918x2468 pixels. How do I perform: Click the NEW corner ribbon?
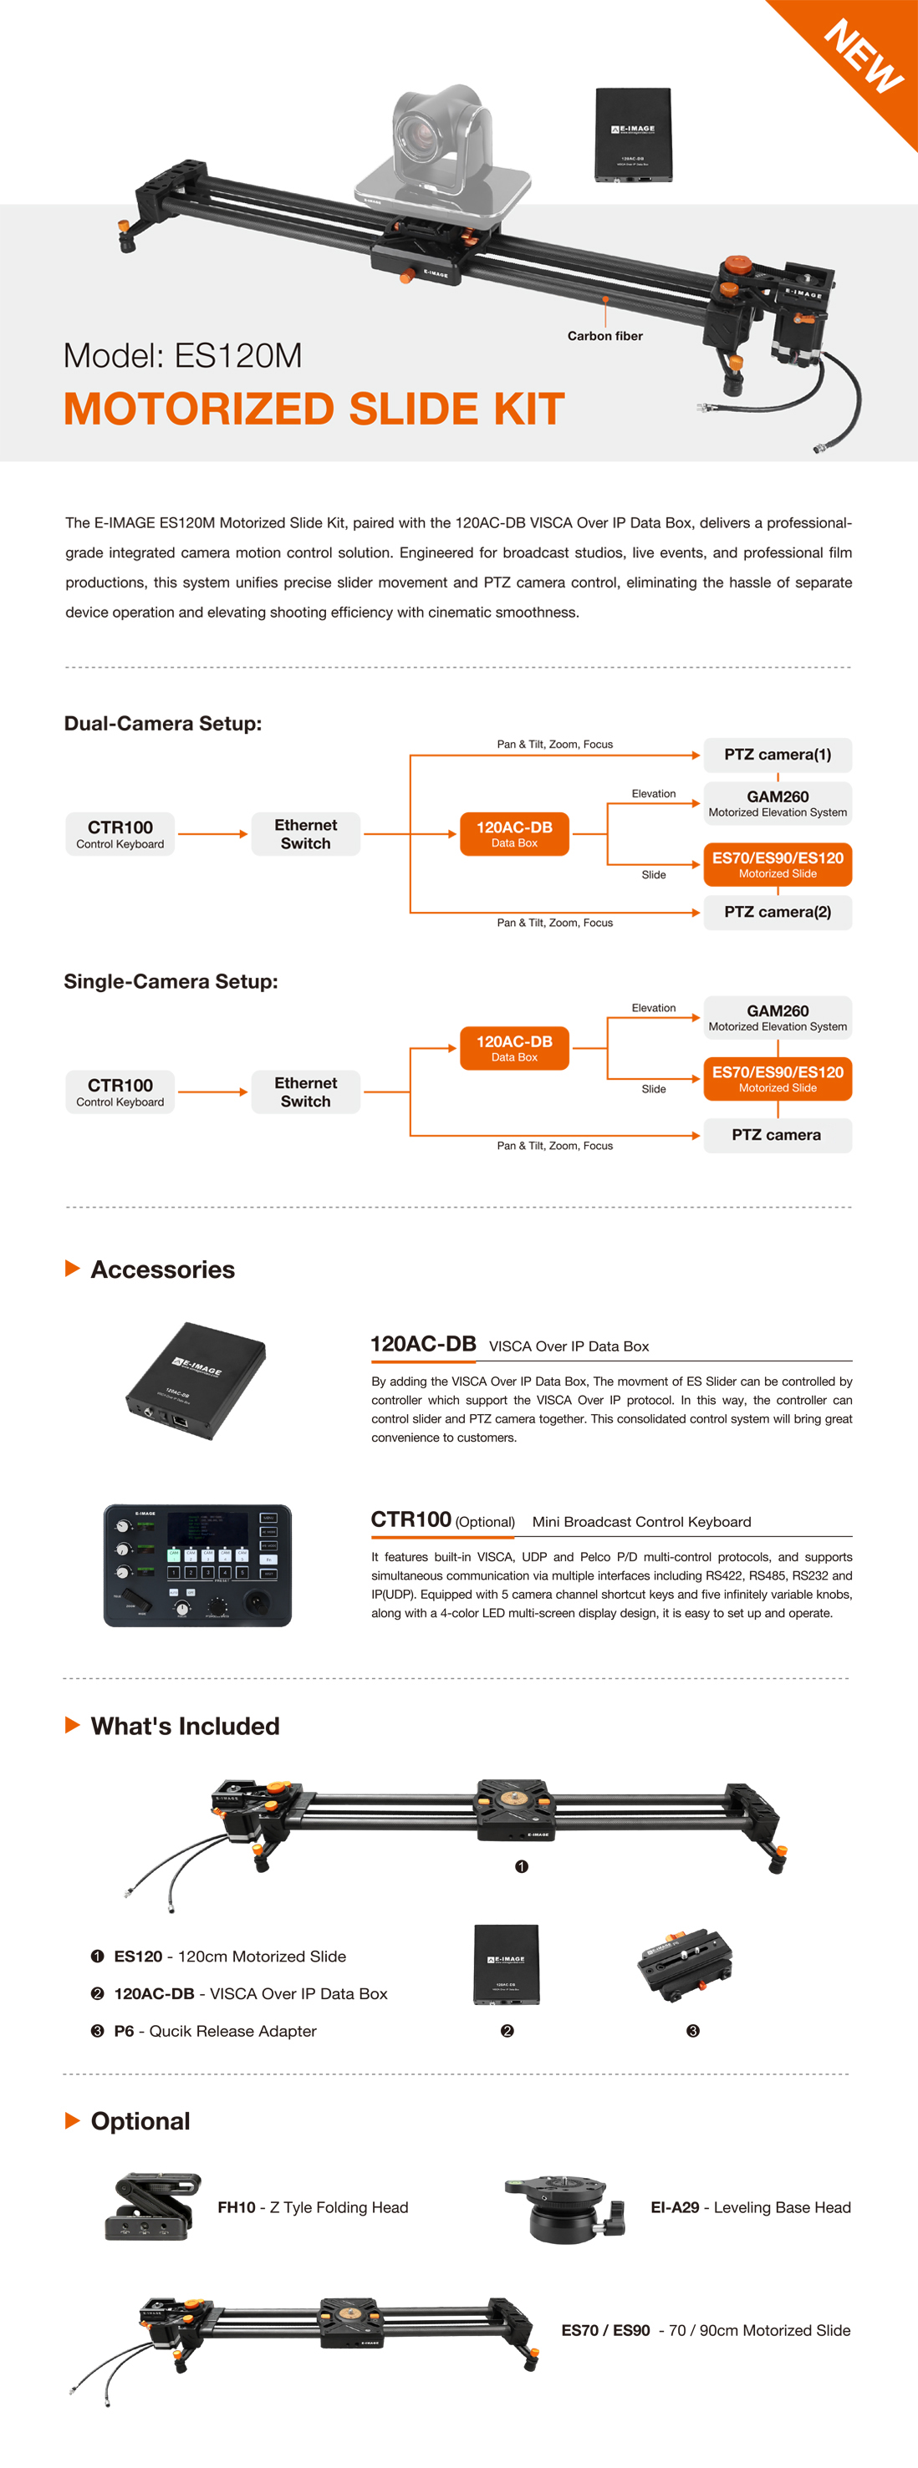coord(863,58)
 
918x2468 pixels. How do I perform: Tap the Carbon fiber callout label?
coord(604,336)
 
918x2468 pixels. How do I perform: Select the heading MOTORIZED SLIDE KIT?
coord(314,409)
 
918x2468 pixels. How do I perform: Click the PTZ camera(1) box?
coord(778,755)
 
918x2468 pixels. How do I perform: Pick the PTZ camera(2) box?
coord(778,912)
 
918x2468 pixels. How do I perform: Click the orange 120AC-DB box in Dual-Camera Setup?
coord(513,833)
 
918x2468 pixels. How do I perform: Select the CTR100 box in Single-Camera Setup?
coord(120,1092)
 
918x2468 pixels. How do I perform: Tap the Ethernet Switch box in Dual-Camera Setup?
coord(306,833)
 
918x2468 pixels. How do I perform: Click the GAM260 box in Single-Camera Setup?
coord(778,1016)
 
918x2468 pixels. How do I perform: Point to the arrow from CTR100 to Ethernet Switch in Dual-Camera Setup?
coord(212,834)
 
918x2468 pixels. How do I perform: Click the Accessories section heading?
coord(162,1270)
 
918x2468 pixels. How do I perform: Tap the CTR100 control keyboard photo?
coord(197,1565)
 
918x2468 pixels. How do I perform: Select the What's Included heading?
coord(185,1726)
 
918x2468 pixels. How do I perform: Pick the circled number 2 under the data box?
coord(507,2030)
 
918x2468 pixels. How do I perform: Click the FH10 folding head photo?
coord(153,2206)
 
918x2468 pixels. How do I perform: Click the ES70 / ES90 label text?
coord(605,2330)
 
